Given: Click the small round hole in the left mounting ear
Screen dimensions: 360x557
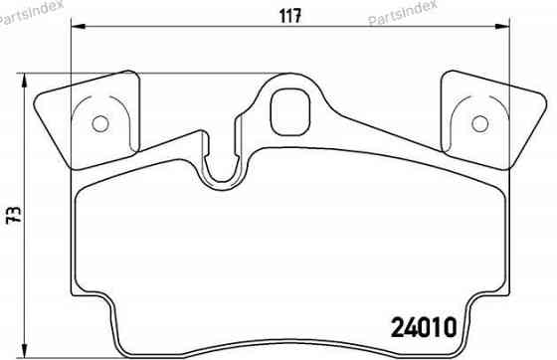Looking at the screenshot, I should [x=98, y=123].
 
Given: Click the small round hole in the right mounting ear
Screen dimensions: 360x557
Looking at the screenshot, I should [x=479, y=123].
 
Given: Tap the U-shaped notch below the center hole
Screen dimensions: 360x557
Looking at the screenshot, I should [x=223, y=169].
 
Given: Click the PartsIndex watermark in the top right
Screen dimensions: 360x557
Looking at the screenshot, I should [x=403, y=15].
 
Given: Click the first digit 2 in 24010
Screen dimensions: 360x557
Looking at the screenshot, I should [x=390, y=324].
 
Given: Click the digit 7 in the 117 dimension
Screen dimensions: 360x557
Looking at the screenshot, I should [x=297, y=15].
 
